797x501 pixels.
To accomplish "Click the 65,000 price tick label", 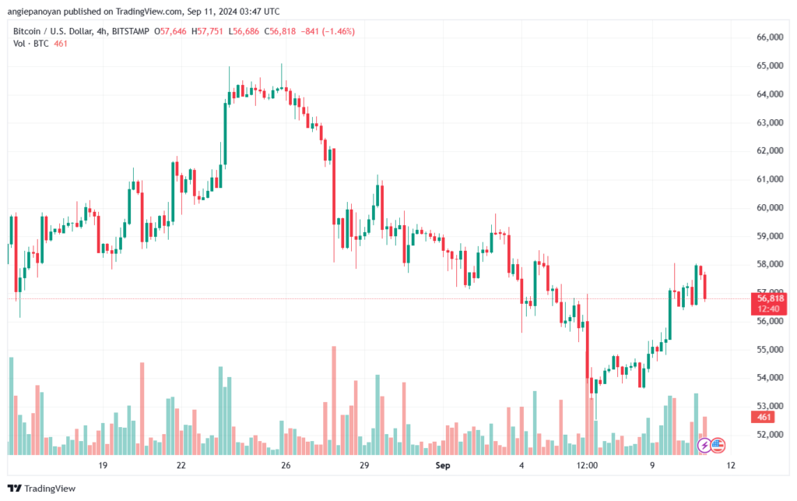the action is click(770, 65).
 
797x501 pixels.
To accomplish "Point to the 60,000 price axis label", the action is click(770, 207).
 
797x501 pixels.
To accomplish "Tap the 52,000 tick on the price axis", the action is click(770, 434).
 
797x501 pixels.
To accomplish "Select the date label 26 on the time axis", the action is click(286, 465).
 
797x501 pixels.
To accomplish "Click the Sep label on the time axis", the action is click(443, 465).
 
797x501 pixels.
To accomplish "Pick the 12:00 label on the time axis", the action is click(587, 465).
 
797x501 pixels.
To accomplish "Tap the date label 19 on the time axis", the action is click(103, 465).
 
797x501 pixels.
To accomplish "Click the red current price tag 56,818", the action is click(770, 298).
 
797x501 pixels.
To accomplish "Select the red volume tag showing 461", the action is click(764, 417).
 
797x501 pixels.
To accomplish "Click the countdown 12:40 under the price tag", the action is click(768, 309).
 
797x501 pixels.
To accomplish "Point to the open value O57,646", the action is click(170, 31).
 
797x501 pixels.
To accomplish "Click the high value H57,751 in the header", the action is click(207, 31).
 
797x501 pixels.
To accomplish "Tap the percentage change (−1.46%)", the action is click(338, 31).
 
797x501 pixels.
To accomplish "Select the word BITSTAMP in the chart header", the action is click(130, 31).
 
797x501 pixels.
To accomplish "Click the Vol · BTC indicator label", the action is click(31, 44).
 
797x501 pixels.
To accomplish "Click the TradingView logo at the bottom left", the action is click(42, 489).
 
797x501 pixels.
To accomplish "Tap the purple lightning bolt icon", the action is click(704, 446).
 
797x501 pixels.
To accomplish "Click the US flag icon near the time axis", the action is click(717, 446).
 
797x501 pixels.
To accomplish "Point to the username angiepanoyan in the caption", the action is click(34, 11).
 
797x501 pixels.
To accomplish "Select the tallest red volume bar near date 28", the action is click(334, 400).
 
